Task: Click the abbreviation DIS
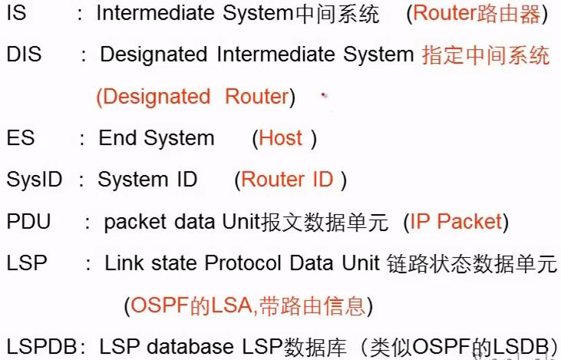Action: click(x=24, y=55)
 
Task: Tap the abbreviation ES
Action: click(x=19, y=138)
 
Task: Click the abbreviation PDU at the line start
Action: click(x=28, y=222)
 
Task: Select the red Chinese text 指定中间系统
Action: click(x=486, y=55)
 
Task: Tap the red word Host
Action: click(x=281, y=138)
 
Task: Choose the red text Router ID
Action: click(x=287, y=180)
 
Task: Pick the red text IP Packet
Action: click(x=455, y=222)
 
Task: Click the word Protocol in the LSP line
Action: click(x=244, y=263)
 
